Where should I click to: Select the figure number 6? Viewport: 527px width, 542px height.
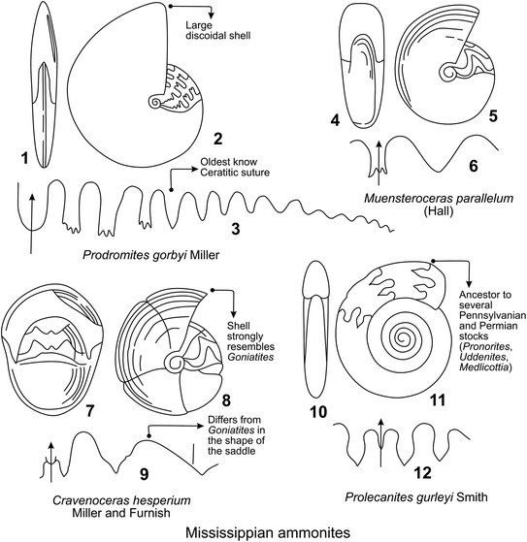(473, 166)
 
